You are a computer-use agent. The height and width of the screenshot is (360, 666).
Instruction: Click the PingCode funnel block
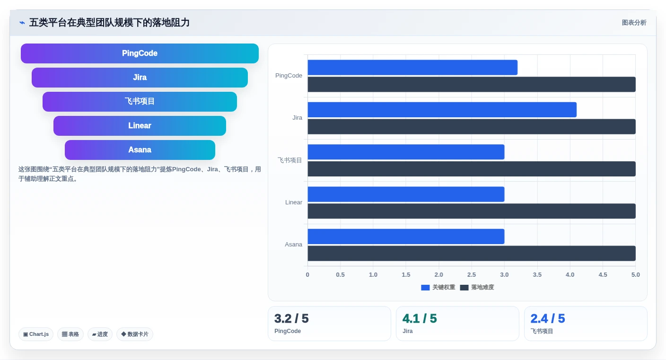(140, 53)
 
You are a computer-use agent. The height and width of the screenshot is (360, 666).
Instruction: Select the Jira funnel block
(140, 78)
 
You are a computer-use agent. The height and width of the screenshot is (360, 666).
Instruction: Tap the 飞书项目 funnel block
(140, 102)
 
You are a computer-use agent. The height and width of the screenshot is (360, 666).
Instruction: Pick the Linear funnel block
(140, 126)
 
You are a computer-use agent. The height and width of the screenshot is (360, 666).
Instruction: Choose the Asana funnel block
(140, 150)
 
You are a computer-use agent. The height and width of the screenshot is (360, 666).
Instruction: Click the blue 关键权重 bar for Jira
(442, 110)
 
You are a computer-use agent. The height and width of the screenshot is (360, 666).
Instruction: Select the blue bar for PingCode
(412, 68)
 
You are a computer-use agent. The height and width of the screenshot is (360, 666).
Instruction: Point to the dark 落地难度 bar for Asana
(472, 253)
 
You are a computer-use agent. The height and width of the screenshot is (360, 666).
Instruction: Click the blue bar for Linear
(406, 194)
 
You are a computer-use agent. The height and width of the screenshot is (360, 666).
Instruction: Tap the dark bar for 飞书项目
(472, 169)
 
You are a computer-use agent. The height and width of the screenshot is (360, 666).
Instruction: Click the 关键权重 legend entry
(438, 287)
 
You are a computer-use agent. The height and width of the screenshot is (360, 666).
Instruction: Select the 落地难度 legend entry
(477, 287)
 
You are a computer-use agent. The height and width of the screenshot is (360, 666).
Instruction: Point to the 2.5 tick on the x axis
(472, 275)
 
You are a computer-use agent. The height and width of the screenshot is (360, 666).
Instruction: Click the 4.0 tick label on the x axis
(570, 275)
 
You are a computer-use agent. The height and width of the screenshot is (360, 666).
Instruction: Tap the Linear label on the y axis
(293, 202)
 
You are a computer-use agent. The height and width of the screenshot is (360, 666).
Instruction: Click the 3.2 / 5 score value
(291, 318)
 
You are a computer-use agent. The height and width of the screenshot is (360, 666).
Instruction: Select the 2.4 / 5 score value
(548, 318)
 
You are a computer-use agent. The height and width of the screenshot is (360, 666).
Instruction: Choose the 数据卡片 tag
(135, 334)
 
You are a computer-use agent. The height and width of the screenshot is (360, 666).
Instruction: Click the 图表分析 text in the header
(634, 23)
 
